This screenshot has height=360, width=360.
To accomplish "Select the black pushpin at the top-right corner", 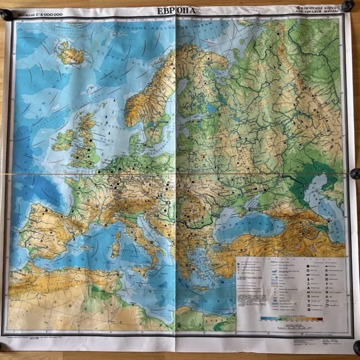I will [x=347, y=6].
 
